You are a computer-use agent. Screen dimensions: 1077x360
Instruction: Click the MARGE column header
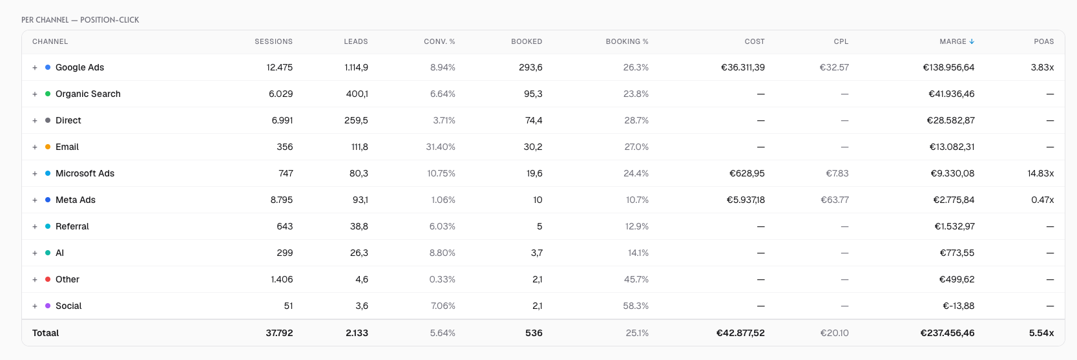tap(952, 41)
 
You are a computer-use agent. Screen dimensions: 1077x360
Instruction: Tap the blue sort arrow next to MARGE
tap(972, 41)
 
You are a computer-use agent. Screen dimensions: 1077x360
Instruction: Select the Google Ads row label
tap(80, 67)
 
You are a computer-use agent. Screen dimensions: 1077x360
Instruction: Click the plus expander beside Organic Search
tap(35, 94)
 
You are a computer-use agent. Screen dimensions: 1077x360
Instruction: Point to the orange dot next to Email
tap(48, 147)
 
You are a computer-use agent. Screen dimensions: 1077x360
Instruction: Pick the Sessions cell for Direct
tap(282, 120)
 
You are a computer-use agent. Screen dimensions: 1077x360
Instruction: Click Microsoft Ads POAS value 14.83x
tap(1040, 173)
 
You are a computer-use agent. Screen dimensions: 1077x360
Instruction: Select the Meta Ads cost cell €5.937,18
tap(746, 200)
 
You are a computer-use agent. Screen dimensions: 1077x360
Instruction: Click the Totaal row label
tap(46, 333)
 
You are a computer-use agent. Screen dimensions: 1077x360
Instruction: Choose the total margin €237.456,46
tap(947, 333)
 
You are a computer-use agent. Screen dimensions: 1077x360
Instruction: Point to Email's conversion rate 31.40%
tap(441, 147)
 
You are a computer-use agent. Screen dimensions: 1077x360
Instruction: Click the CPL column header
tap(841, 41)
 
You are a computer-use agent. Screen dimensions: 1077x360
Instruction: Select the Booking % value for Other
tap(636, 279)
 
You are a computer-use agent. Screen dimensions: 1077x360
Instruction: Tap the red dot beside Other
tap(48, 279)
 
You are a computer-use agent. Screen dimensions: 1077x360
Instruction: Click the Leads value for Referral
tap(359, 226)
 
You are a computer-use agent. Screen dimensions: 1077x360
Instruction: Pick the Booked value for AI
tap(537, 253)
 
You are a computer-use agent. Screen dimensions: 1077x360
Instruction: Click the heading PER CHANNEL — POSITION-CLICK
tap(80, 20)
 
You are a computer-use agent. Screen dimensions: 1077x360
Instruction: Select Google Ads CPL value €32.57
tap(834, 67)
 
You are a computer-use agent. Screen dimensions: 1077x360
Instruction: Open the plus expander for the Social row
tap(35, 306)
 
